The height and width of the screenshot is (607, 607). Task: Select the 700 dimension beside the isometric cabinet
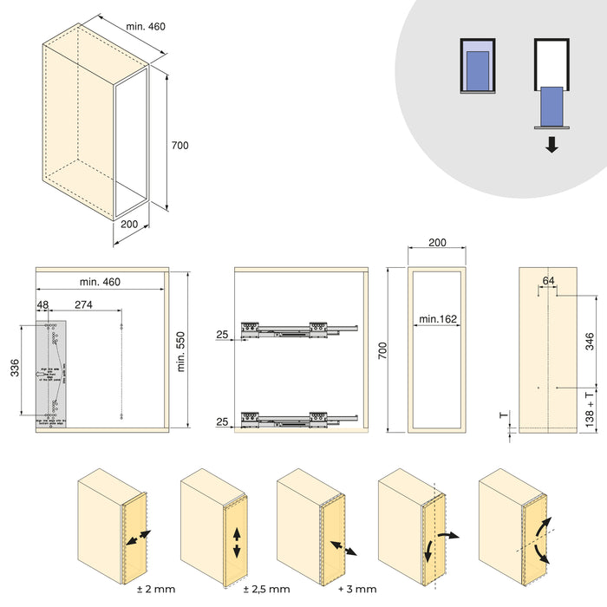[x=179, y=146]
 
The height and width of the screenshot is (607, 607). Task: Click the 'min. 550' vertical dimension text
[x=181, y=350]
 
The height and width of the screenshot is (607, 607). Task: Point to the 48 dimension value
[x=43, y=304]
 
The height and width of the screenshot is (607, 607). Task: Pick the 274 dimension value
[x=84, y=304]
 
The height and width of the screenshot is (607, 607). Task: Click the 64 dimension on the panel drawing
[x=548, y=280]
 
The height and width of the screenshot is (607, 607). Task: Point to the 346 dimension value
[x=590, y=340]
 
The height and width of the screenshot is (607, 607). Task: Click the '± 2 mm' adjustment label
[x=157, y=590]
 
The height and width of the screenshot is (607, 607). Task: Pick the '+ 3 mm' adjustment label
[x=356, y=590]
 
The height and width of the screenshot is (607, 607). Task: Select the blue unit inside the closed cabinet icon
[x=477, y=67]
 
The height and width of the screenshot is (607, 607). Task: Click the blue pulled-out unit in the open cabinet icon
[x=552, y=105]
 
